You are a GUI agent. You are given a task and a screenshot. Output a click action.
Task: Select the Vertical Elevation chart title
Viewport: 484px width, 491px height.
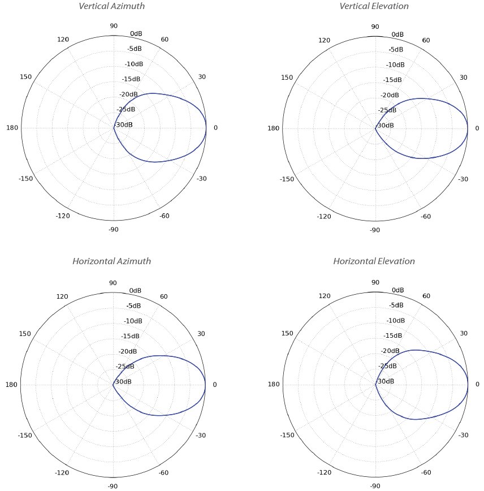374,6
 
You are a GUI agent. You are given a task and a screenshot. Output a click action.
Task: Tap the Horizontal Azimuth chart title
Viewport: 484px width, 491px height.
111,261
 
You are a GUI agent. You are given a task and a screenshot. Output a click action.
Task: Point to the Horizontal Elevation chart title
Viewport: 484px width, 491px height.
374,261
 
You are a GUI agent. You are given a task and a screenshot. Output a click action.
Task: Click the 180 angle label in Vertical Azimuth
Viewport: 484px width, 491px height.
12,128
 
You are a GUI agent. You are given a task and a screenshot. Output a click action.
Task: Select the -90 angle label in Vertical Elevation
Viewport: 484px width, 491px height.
374,230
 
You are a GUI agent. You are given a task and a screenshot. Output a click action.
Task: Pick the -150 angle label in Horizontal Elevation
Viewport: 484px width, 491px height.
287,436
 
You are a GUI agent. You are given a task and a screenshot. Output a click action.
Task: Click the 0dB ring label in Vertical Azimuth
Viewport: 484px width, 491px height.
136,34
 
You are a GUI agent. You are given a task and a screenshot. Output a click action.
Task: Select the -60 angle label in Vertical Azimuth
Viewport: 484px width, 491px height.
165,216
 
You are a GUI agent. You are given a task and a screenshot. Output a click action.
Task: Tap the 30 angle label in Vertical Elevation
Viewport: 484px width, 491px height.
463,77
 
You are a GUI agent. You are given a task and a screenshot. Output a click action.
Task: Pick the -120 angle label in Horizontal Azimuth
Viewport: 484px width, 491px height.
62,472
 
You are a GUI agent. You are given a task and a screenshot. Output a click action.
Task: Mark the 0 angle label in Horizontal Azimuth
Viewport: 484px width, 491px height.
214,385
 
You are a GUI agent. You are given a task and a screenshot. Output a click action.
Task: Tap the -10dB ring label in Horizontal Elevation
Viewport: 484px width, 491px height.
395,321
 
